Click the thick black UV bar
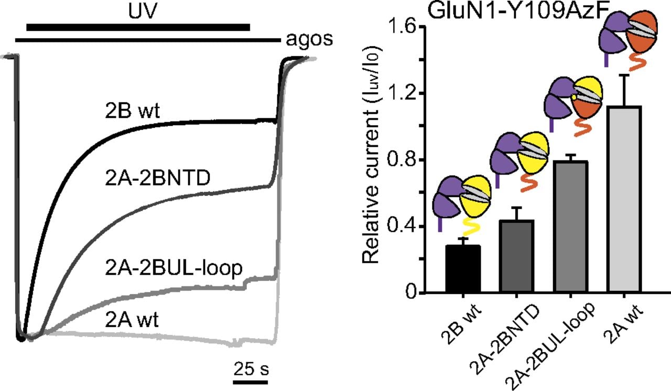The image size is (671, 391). [x=138, y=27]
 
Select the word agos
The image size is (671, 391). [x=309, y=40]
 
